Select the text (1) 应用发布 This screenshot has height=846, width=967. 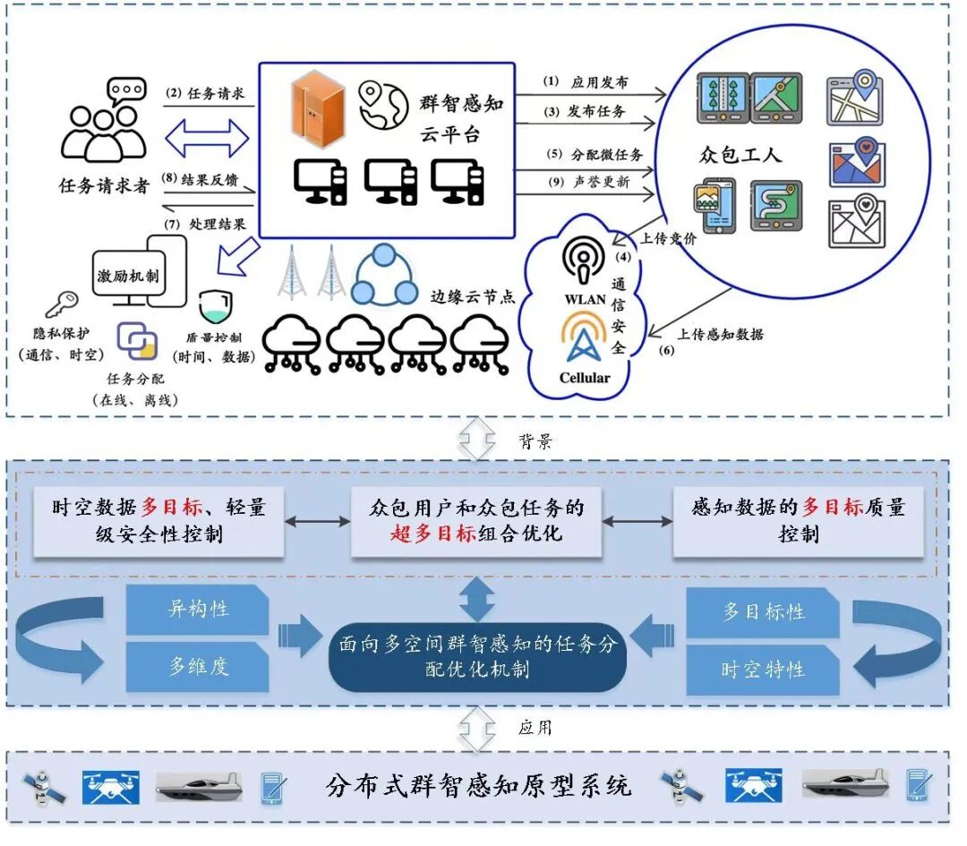click(x=586, y=82)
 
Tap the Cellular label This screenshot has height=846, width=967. click(x=584, y=377)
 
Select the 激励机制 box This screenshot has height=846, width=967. click(x=128, y=277)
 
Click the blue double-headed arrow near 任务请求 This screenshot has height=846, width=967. click(x=208, y=139)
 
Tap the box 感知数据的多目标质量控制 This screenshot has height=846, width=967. click(x=799, y=521)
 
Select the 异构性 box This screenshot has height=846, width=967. click(x=198, y=610)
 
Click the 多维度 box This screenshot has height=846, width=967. click(x=198, y=666)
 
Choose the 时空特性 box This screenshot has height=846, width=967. click(x=763, y=669)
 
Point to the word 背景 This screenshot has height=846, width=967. click(x=535, y=442)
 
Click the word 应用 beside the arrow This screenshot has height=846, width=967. click(x=535, y=727)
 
